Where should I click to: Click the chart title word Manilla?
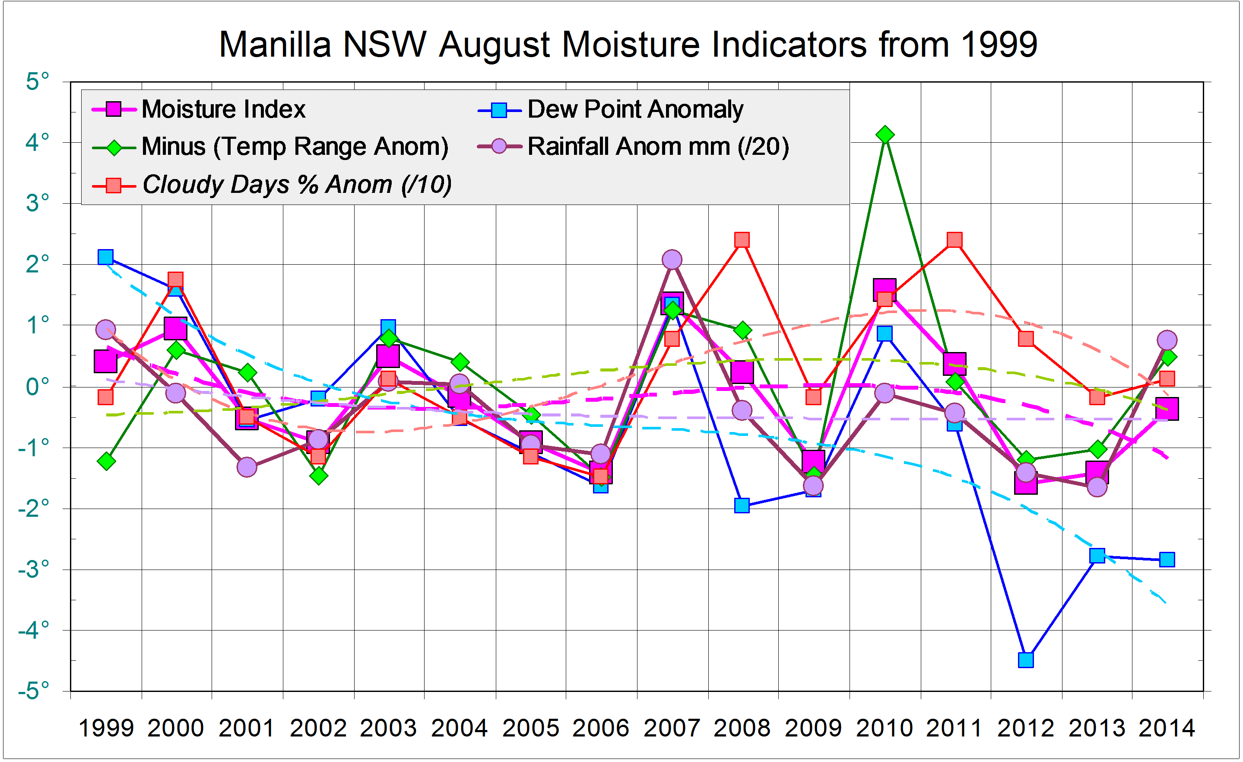point(275,45)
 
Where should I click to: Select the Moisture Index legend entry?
point(223,109)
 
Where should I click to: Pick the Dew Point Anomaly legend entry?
point(634,109)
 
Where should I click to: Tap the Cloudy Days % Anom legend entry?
point(296,184)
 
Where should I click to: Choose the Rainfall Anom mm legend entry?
point(657,147)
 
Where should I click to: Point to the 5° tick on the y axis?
point(37,81)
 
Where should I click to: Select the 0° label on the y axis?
point(37,387)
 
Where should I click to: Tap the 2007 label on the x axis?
point(672,728)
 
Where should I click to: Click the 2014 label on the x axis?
point(1166,728)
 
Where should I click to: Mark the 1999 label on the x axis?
point(106,728)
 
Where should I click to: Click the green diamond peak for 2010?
point(885,135)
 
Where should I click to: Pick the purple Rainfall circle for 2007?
point(672,259)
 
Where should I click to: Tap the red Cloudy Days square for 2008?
point(742,240)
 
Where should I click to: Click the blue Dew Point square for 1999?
point(105,257)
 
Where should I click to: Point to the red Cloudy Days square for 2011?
point(954,240)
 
